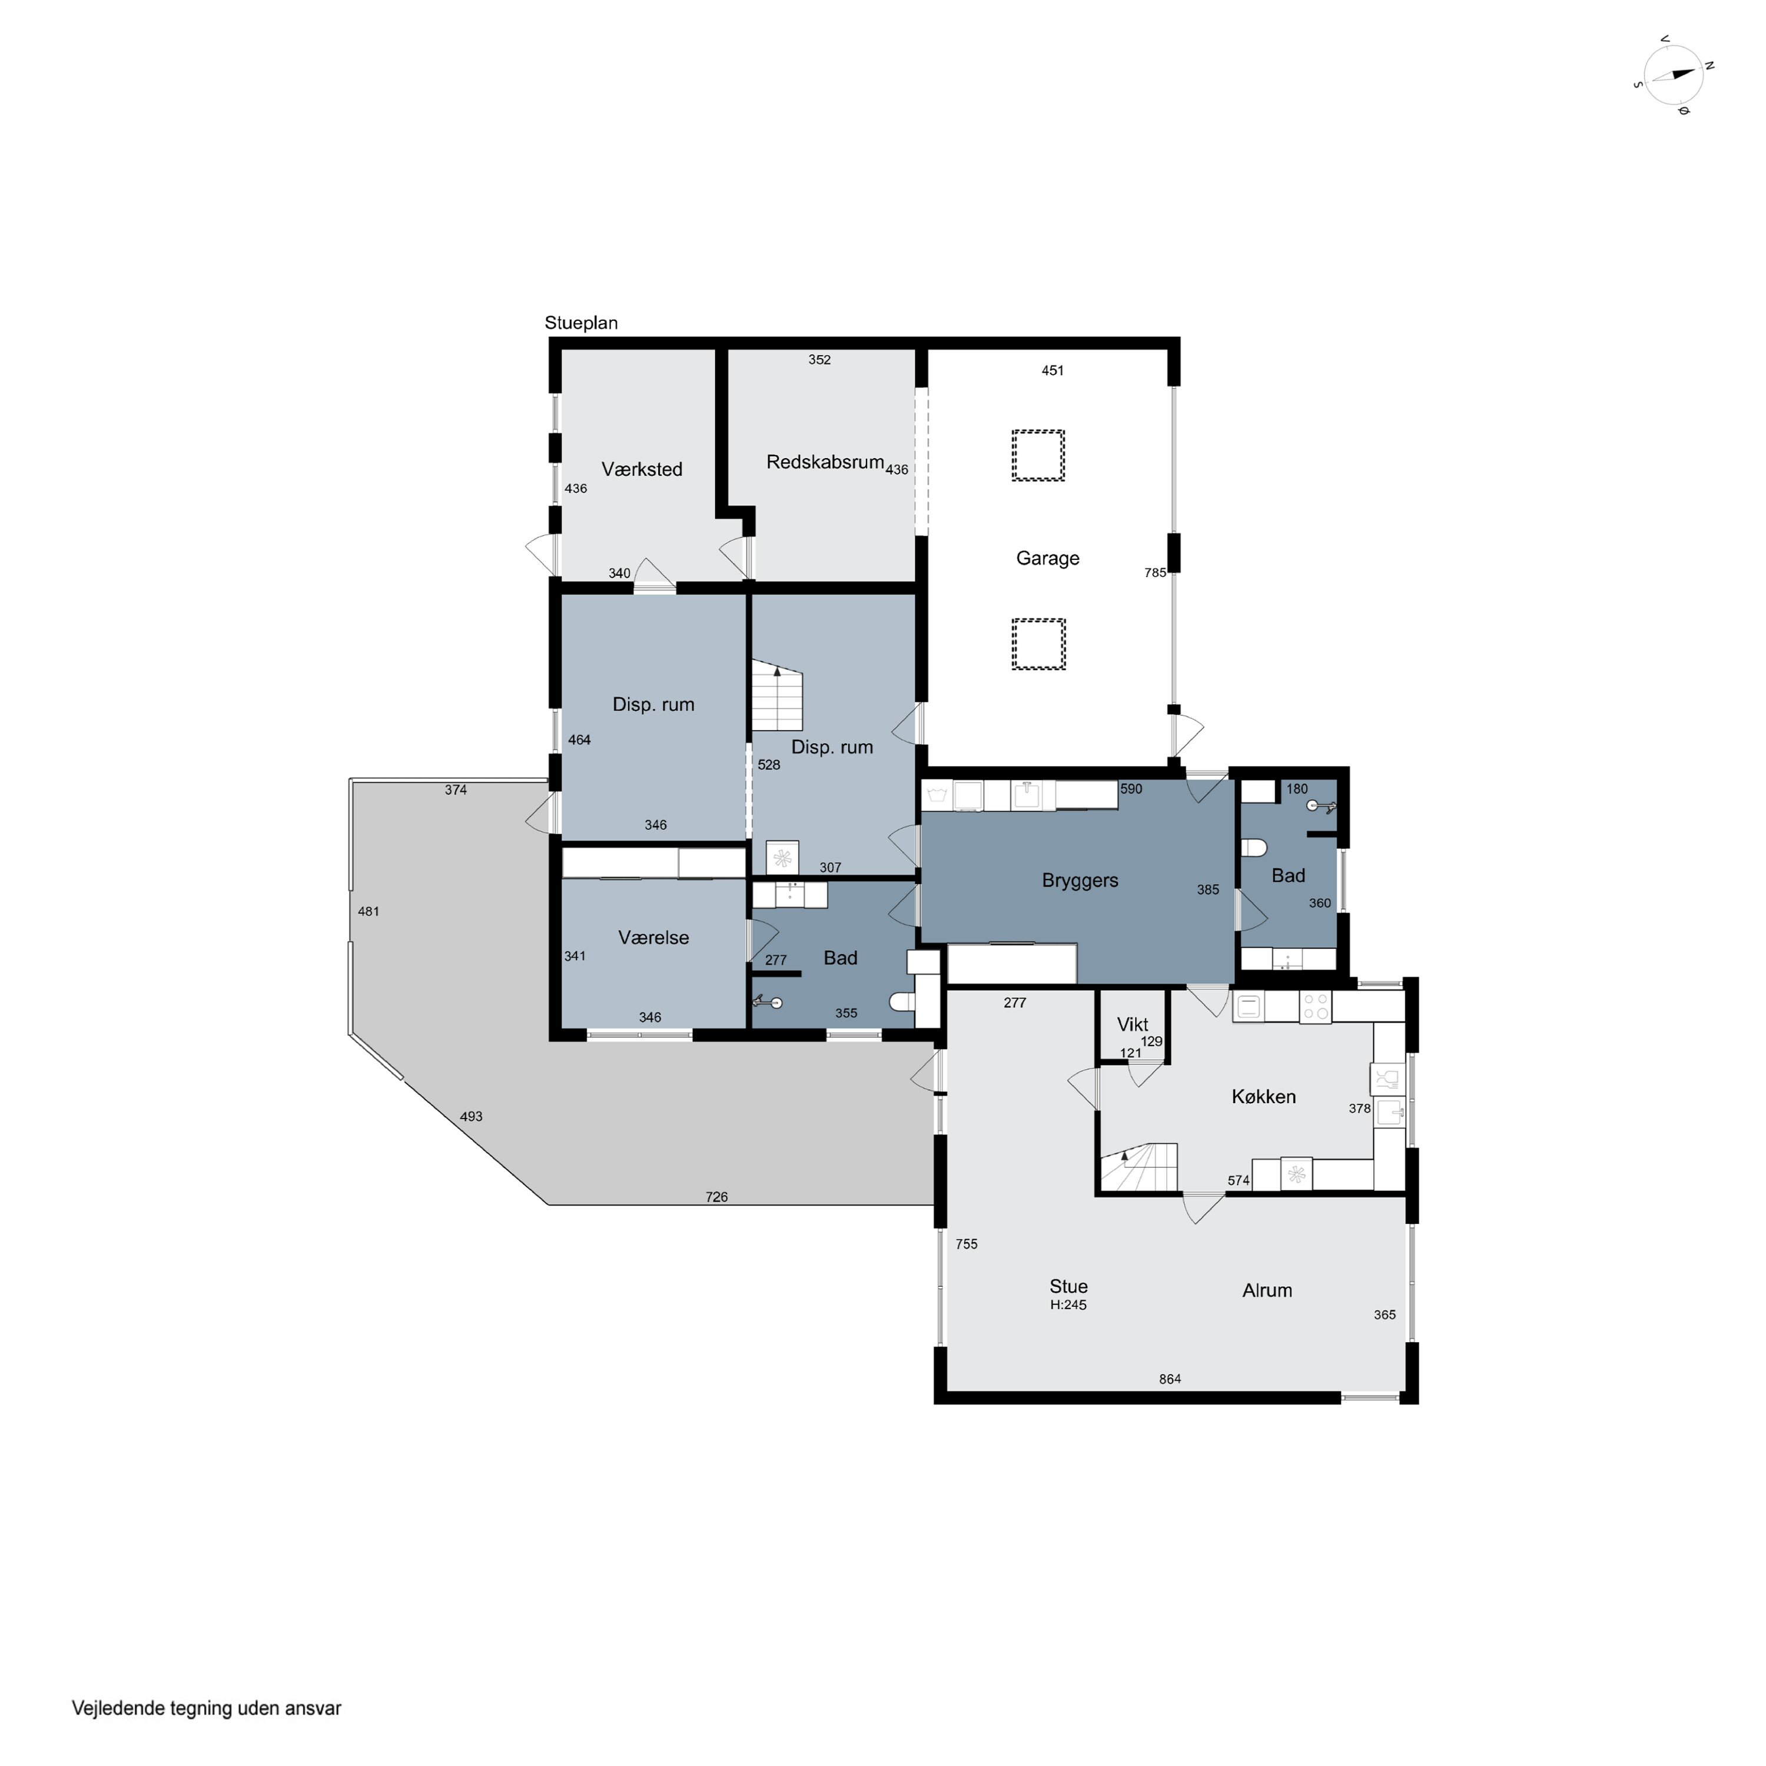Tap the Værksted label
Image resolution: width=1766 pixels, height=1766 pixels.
point(642,469)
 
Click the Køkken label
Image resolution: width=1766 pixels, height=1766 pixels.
point(1263,1097)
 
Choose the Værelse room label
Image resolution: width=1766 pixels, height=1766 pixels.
point(653,938)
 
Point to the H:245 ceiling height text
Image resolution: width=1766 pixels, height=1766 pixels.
point(1068,1305)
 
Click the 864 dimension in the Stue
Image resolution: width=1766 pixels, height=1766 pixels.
point(1170,1379)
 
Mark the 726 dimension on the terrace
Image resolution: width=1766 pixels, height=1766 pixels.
point(716,1197)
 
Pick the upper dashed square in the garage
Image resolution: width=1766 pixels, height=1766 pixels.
point(1038,455)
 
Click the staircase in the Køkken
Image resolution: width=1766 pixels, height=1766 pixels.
point(1138,1167)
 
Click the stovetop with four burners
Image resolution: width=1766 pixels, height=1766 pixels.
point(1315,1007)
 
